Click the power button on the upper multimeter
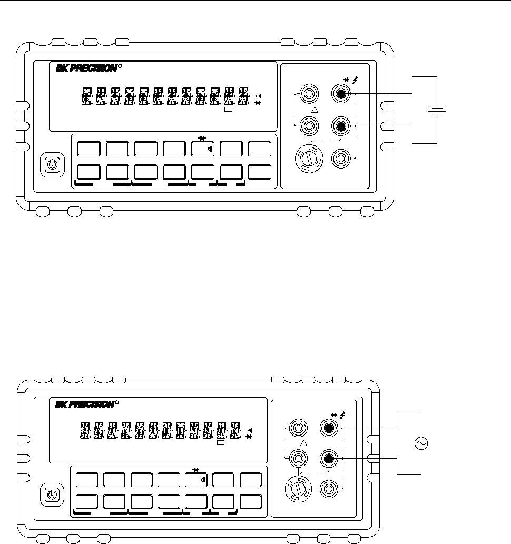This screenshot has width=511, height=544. [53, 164]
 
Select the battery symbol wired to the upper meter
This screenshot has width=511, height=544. [437, 110]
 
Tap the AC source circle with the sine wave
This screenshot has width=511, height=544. [421, 443]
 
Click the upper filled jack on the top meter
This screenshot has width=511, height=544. [341, 93]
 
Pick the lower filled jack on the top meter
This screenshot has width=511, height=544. [341, 126]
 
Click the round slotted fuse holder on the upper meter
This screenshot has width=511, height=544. [309, 159]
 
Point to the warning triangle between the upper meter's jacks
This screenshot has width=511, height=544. [315, 110]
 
